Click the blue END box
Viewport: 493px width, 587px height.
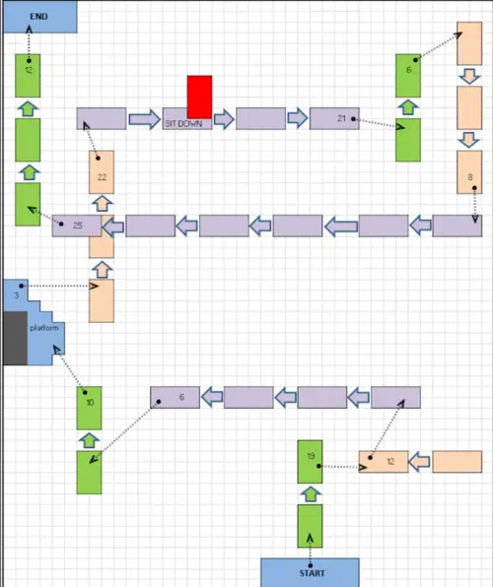coord(40,17)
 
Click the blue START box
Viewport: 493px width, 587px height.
coord(310,572)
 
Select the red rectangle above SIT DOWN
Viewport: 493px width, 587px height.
coord(199,97)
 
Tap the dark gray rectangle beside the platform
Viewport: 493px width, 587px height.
coord(16,338)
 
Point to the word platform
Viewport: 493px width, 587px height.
coord(44,328)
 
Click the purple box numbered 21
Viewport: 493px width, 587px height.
coord(334,118)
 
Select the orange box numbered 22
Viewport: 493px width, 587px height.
coord(102,172)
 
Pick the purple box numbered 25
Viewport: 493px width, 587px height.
coord(77,226)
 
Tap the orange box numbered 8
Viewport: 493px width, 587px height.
coord(469,172)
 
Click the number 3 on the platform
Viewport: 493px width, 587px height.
coord(16,295)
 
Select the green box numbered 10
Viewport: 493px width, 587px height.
coord(89,408)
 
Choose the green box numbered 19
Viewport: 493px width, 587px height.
coord(310,462)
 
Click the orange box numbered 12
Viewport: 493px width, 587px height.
coord(384,462)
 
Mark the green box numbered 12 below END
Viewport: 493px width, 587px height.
coord(28,76)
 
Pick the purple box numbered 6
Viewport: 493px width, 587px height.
coord(176,397)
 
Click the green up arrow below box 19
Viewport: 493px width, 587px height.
coord(311,494)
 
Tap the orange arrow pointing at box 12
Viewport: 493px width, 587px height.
coord(419,462)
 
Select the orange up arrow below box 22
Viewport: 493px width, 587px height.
coord(102,204)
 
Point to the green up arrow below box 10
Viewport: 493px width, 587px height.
coord(89,440)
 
